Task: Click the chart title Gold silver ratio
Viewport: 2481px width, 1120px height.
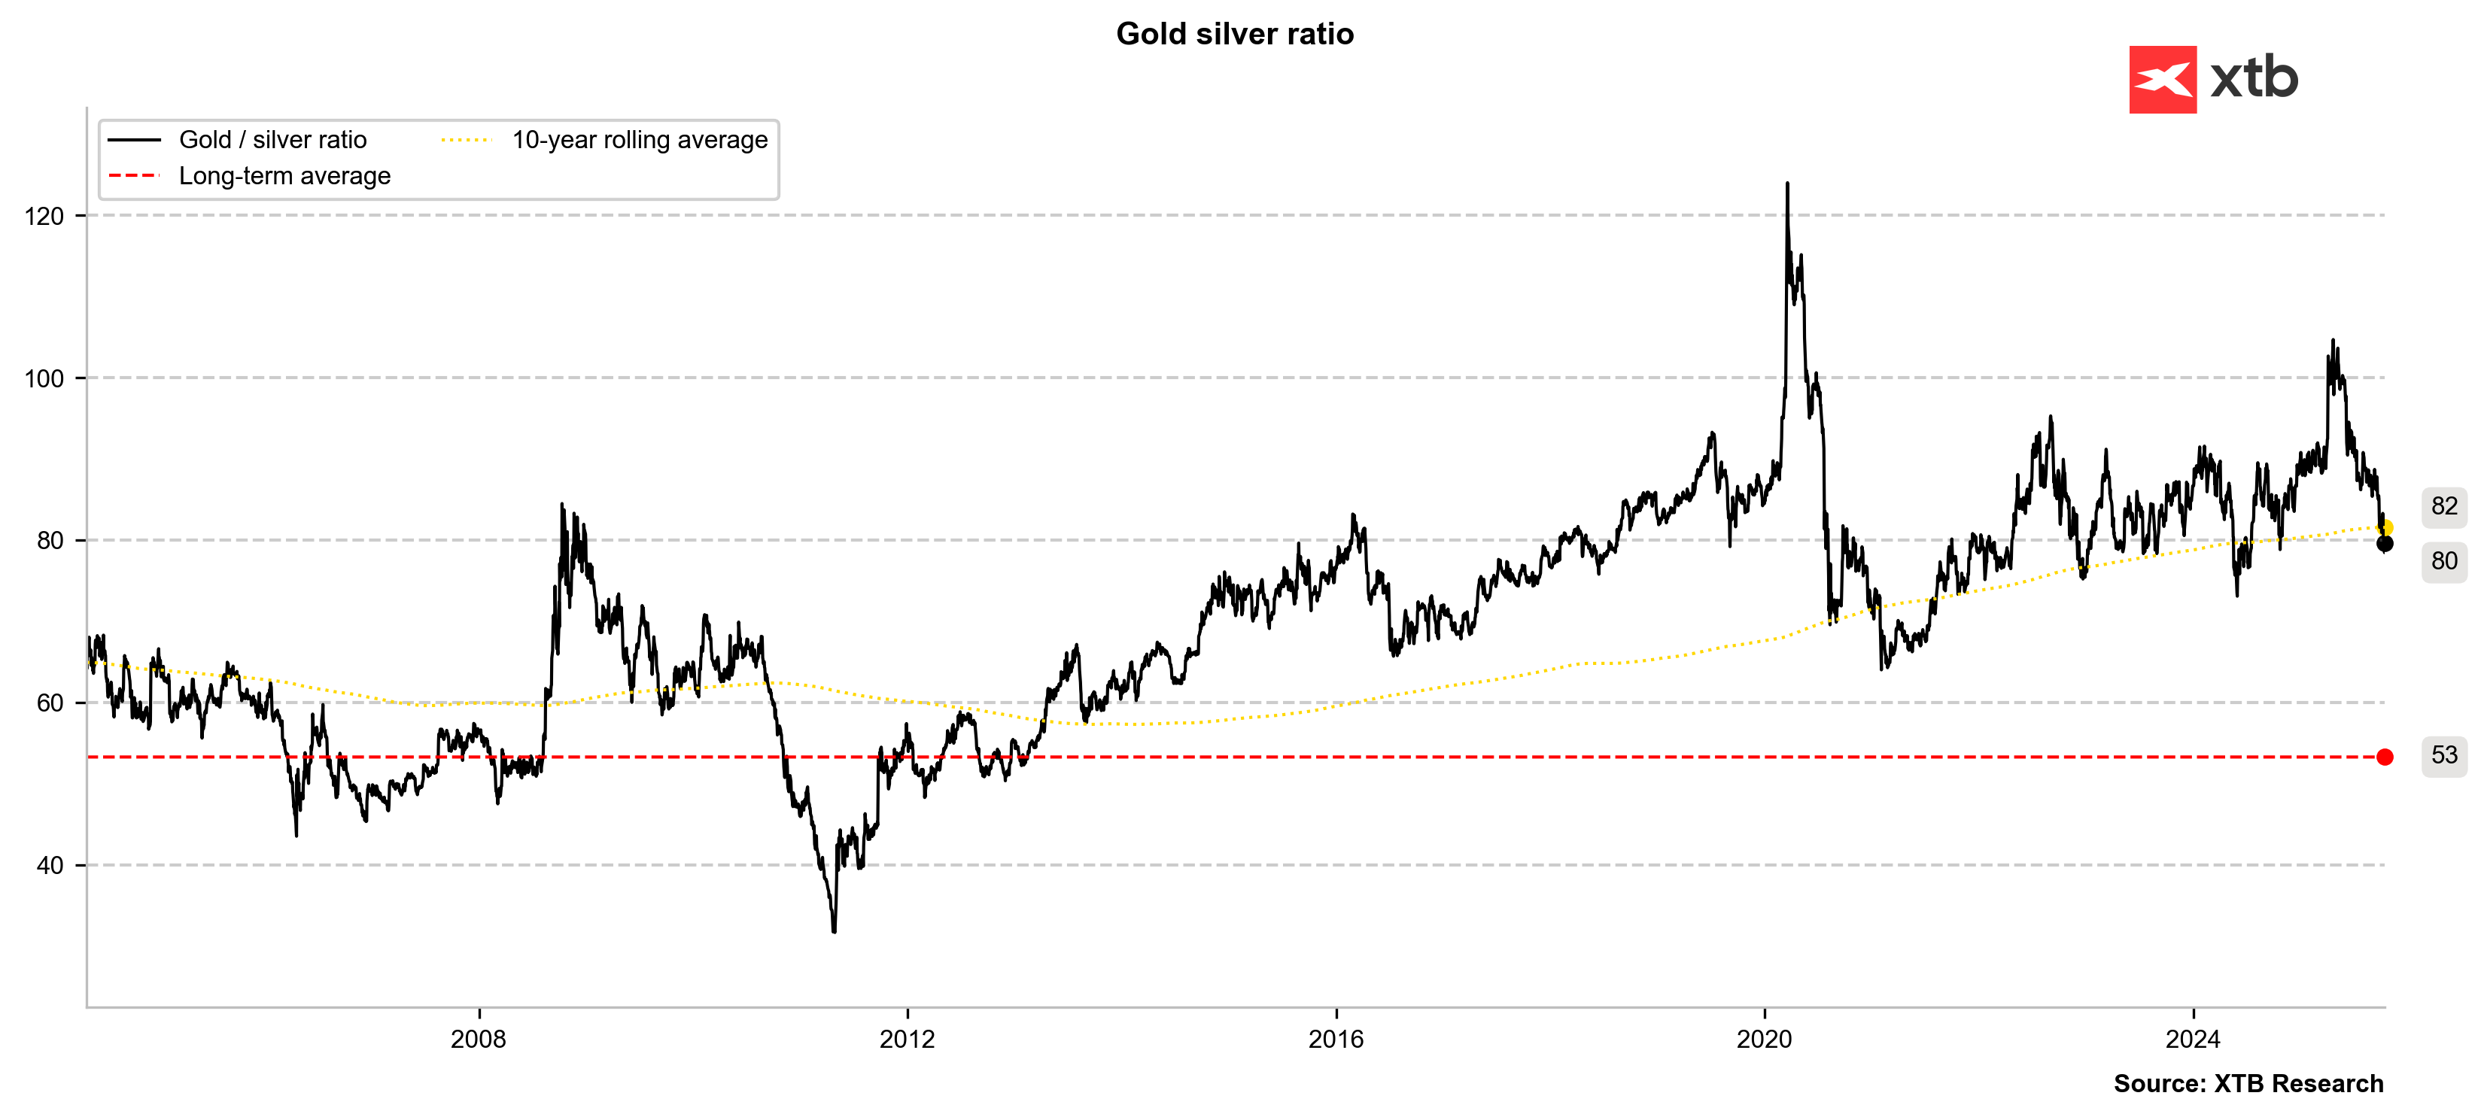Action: point(1234,34)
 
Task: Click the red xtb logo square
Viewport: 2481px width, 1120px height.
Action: point(2162,80)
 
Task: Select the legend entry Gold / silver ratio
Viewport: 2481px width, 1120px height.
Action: point(272,140)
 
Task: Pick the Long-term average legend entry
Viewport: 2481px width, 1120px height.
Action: point(284,176)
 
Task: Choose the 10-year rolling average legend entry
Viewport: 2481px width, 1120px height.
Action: point(640,140)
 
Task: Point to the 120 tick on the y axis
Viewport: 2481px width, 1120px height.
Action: point(44,216)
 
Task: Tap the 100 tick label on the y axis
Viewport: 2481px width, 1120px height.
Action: point(44,378)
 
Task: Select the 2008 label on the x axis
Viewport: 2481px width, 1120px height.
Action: point(479,1039)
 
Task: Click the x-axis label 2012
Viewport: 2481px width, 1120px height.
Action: point(908,1039)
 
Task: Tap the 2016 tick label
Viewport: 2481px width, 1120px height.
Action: point(1336,1039)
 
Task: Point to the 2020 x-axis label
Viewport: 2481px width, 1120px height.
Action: point(1765,1039)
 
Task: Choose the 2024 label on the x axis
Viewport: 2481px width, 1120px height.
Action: point(2193,1039)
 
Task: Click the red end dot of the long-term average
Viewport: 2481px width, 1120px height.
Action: point(2385,757)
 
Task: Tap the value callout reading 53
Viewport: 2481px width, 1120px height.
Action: point(2444,755)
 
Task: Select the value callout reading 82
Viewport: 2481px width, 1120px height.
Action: point(2444,505)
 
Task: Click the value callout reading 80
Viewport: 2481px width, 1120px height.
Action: point(2444,560)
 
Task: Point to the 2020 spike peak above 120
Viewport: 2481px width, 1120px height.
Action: point(1787,184)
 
